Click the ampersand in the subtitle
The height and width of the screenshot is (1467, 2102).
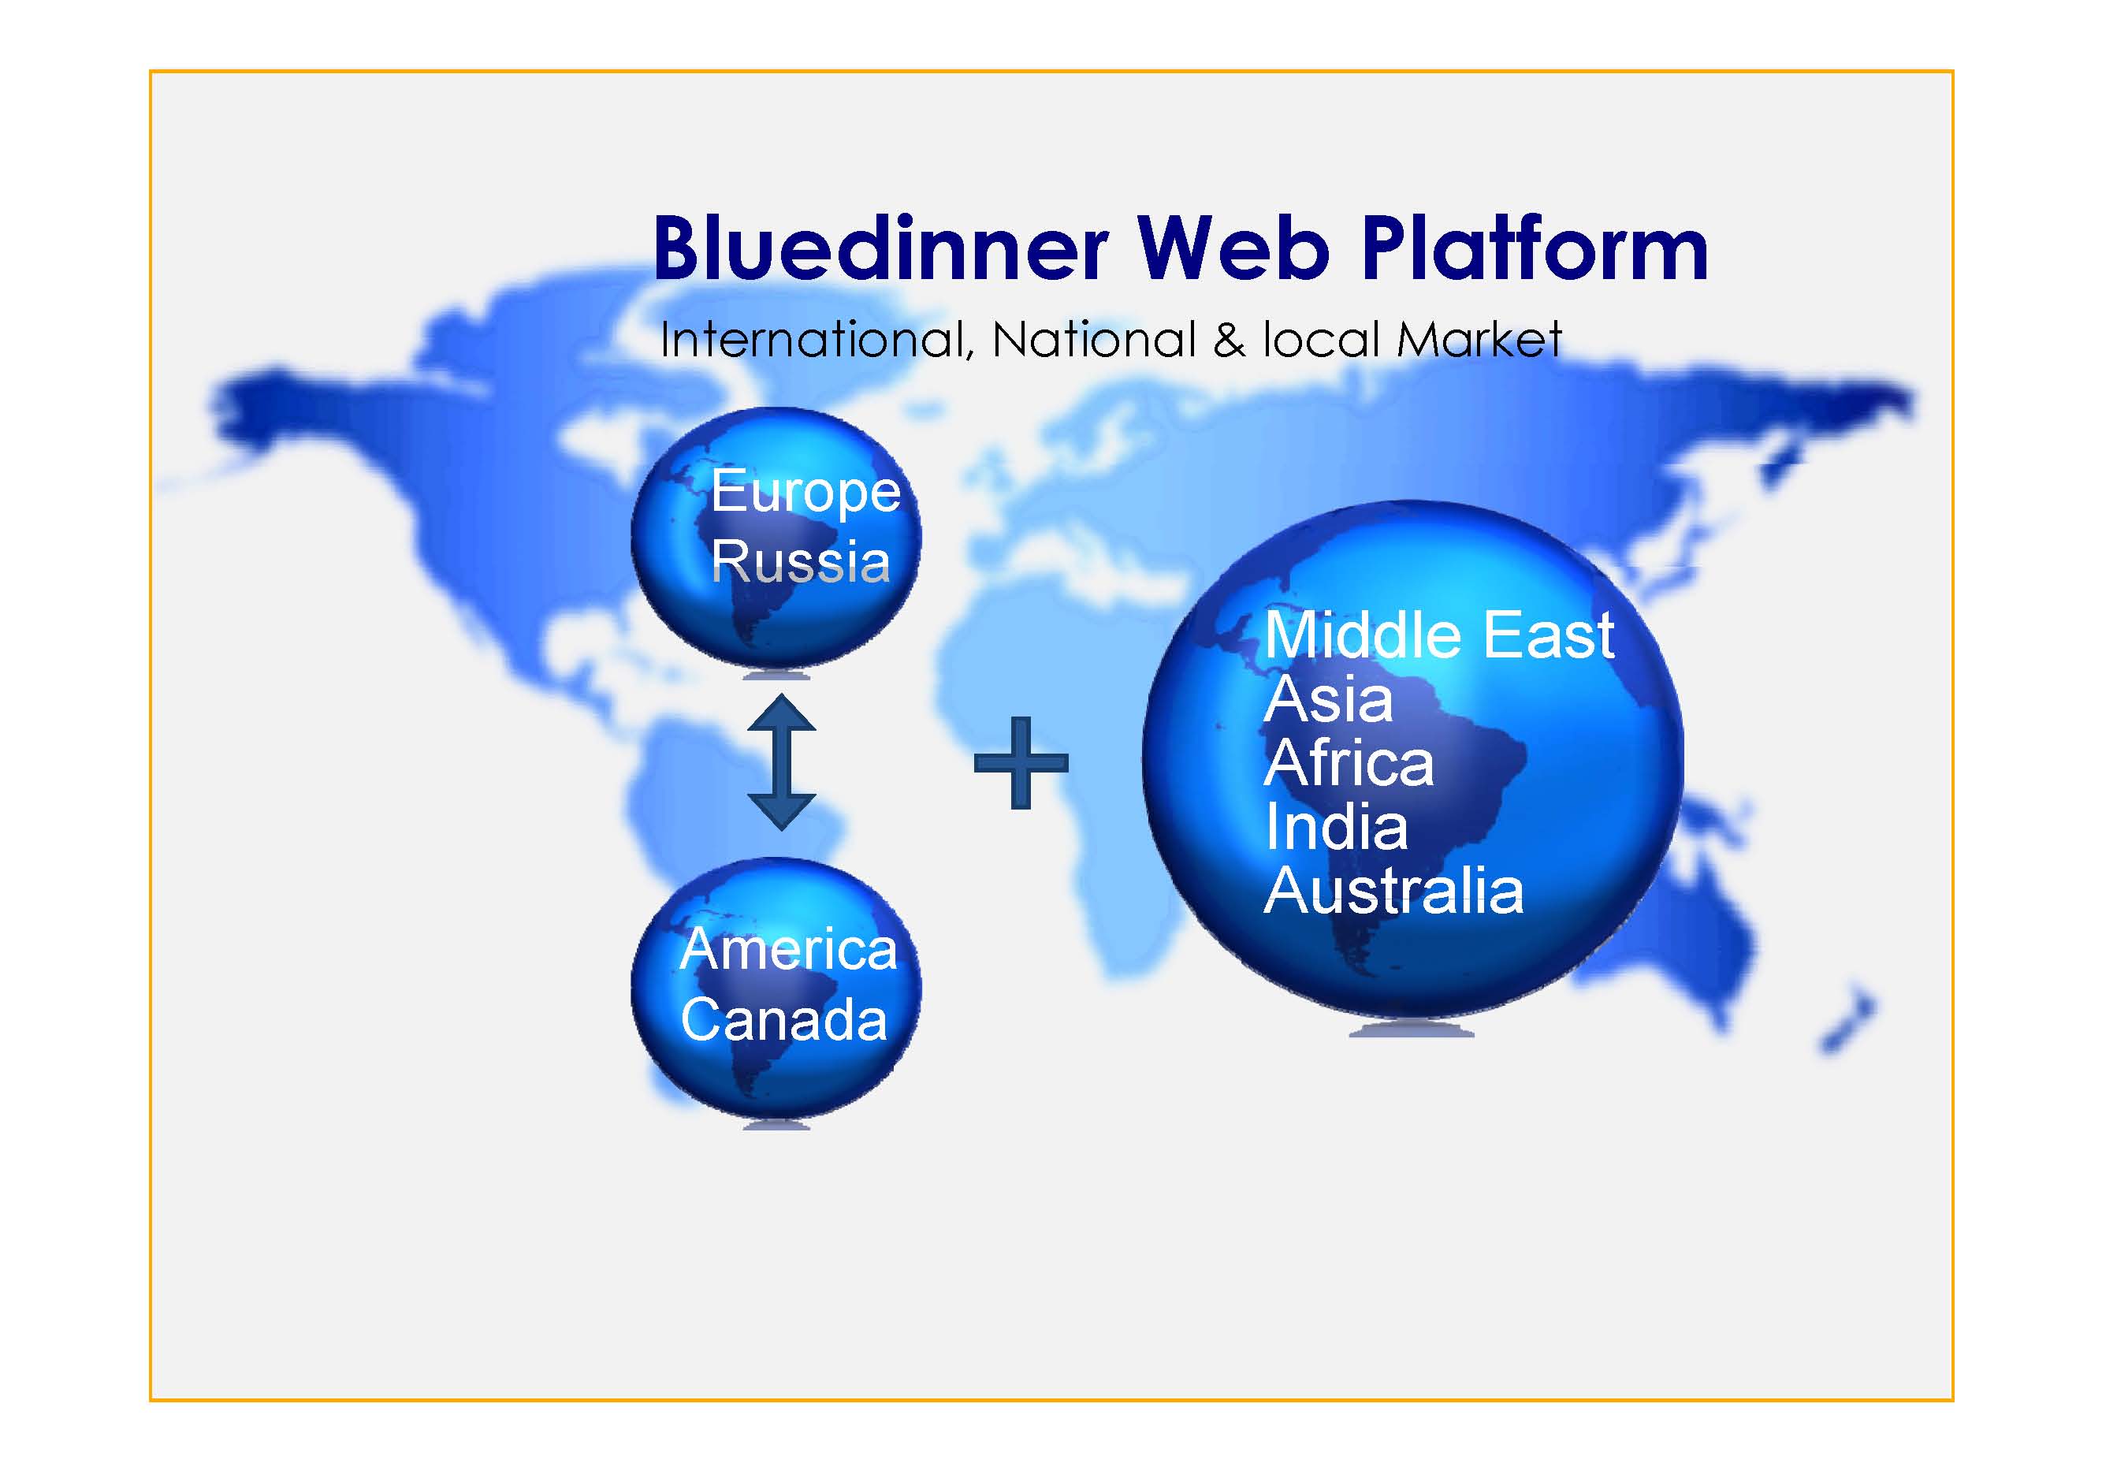pos(1229,340)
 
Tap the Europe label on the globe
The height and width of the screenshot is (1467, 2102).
pos(805,493)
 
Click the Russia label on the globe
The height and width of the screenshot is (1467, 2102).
pos(800,560)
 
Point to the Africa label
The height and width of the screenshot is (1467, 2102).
pos(1348,763)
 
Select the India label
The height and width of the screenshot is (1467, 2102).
pos(1336,827)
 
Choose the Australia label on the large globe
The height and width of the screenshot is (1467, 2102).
pos(1393,891)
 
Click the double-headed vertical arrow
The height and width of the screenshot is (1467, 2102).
pos(781,762)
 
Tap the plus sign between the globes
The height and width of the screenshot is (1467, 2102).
pos(1021,763)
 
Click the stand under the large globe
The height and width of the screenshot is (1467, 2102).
pos(1412,1030)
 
